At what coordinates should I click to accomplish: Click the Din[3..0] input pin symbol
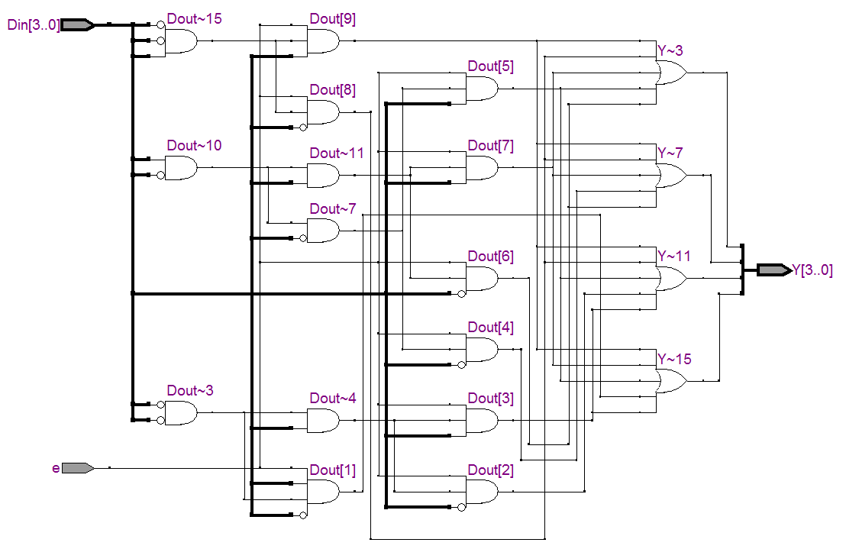tap(77, 24)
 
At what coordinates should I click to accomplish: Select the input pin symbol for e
tap(77, 467)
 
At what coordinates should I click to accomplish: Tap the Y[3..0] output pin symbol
tap(773, 270)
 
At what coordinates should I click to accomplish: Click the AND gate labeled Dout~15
tap(181, 40)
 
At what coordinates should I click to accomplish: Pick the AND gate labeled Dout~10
tap(181, 167)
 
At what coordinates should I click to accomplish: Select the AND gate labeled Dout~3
tap(181, 413)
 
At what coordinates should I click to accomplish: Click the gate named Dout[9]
tap(324, 40)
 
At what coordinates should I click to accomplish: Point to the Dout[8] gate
tap(324, 112)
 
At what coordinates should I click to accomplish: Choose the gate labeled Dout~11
tap(324, 176)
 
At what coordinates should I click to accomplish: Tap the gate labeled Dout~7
tap(324, 231)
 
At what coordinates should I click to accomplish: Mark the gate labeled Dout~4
tap(324, 420)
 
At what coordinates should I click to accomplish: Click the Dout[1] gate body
tap(324, 492)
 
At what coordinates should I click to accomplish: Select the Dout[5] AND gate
tap(482, 89)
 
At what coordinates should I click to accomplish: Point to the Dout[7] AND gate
tap(482, 168)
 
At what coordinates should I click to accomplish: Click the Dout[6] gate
tap(482, 279)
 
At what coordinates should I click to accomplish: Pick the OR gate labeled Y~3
tap(671, 73)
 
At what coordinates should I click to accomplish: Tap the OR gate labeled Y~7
tap(671, 176)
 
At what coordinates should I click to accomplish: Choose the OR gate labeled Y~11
tap(671, 279)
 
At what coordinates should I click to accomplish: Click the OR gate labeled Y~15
tap(671, 381)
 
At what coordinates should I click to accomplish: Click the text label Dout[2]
tap(490, 470)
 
